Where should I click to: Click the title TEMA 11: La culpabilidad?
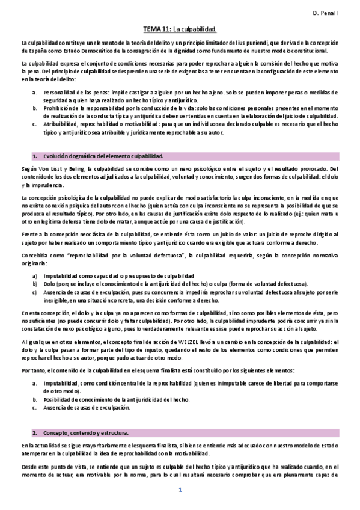pyautogui.click(x=180, y=29)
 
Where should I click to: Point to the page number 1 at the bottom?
pyautogui.click(x=180, y=490)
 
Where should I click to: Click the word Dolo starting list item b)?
pyautogui.click(x=49, y=283)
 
